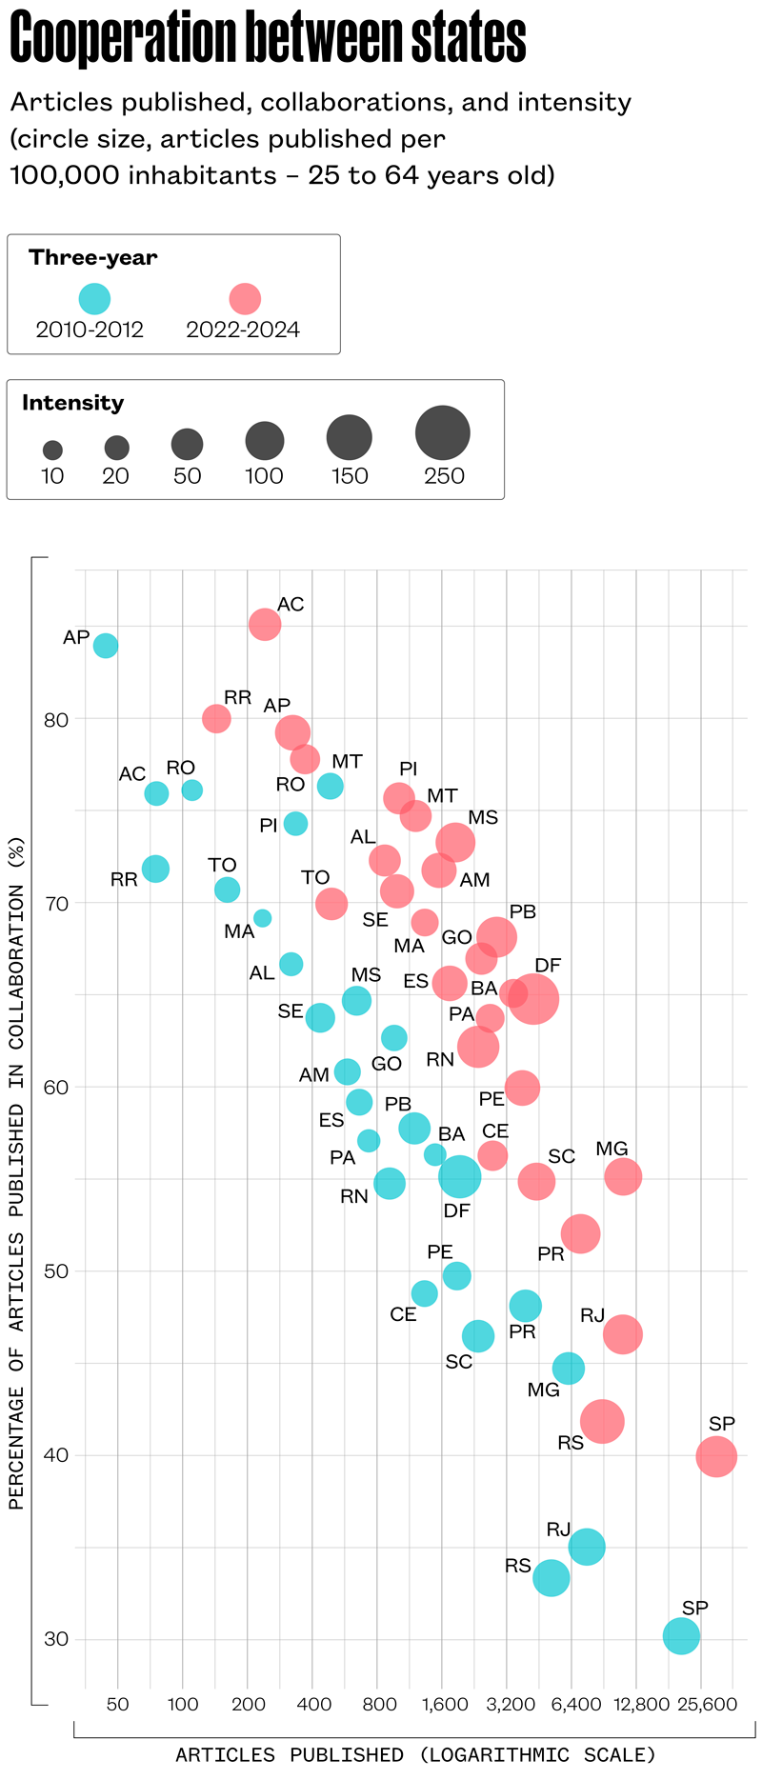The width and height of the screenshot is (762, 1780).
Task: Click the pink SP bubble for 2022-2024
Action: (x=716, y=1456)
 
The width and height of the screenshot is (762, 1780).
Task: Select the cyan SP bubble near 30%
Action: (x=681, y=1636)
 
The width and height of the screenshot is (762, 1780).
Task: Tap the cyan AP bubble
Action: (x=106, y=646)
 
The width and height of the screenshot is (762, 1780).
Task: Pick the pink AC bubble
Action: (x=265, y=625)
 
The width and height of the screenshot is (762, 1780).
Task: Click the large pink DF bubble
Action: (x=534, y=1000)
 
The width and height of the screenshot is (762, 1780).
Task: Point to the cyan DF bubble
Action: (x=459, y=1177)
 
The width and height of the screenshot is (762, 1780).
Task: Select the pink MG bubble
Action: (x=623, y=1177)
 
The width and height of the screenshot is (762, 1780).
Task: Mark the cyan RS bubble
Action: (x=551, y=1578)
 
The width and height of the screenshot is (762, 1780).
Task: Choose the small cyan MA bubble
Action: (x=262, y=918)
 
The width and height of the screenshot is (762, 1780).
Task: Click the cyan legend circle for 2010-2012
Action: (x=94, y=299)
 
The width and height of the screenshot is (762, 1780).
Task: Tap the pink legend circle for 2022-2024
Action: (x=245, y=299)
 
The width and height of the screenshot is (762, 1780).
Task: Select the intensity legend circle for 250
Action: (x=443, y=432)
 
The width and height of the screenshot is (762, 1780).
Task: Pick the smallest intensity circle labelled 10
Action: (x=52, y=450)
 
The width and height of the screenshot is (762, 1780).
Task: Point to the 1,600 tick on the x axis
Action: (x=445, y=1704)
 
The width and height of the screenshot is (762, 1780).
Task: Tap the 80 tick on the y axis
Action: (x=56, y=719)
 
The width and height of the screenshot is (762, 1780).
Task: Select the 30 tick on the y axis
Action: (x=56, y=1639)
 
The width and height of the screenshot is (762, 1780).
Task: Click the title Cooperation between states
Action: (x=268, y=38)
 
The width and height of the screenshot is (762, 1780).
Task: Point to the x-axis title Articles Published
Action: (x=415, y=1754)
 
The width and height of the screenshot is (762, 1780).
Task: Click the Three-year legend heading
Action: (x=93, y=257)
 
